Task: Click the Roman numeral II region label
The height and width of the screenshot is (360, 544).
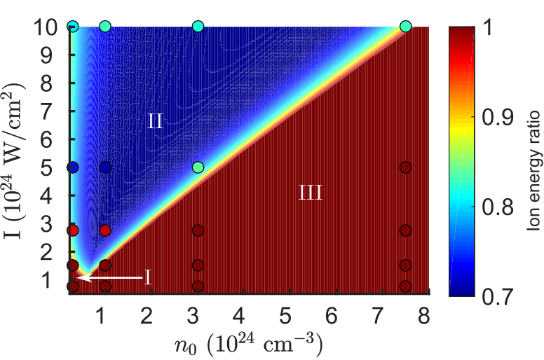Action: [155, 122]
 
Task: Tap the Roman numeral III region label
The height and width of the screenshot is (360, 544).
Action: [311, 193]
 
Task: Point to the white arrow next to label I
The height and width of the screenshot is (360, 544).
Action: [110, 277]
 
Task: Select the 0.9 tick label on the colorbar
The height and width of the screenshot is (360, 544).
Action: [498, 117]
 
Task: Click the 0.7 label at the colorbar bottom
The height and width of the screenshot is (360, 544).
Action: [498, 296]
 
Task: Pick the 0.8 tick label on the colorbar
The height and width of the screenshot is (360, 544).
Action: [498, 207]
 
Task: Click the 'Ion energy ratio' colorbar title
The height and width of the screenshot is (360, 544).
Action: [533, 170]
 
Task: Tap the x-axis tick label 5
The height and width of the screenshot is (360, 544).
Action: [285, 315]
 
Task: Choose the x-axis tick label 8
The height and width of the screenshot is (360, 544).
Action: [424, 315]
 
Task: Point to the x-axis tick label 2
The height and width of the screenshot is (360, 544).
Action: [147, 315]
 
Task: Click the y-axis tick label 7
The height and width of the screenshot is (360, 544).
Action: [48, 111]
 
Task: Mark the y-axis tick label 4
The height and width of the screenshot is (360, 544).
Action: [48, 196]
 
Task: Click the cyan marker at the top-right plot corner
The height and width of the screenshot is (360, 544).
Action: [406, 27]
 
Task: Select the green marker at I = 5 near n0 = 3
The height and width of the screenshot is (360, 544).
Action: [198, 167]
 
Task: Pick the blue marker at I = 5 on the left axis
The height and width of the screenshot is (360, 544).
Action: [73, 167]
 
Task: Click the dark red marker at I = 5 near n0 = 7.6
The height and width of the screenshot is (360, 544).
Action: [406, 167]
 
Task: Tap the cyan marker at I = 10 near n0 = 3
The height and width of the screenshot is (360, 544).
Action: [198, 27]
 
